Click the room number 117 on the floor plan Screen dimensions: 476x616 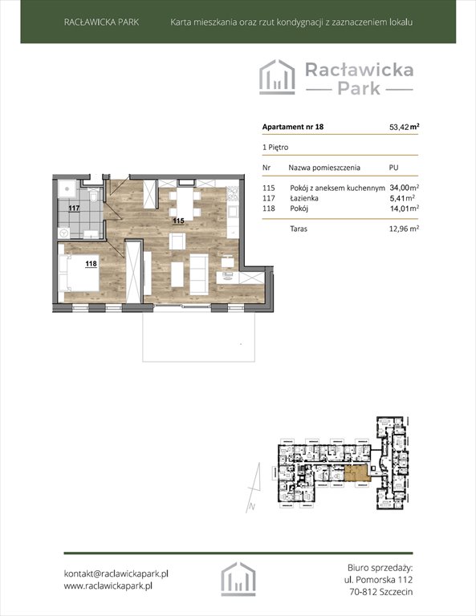pos(74,209)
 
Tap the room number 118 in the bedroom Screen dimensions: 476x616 pos(91,264)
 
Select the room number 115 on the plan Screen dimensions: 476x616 pos(178,221)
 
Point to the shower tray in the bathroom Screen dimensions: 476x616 pos(68,188)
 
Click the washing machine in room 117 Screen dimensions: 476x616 pos(64,233)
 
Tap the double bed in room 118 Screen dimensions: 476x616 pos(79,273)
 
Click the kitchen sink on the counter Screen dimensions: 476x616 pos(232,212)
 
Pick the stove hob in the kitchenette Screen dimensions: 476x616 pos(232,192)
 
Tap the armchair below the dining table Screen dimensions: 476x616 pos(177,241)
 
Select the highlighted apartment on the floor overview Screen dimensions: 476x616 pos(357,473)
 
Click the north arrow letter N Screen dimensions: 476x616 pos(252,507)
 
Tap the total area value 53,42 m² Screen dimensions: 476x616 pos(404,127)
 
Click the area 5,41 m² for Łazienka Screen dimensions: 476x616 pos(402,198)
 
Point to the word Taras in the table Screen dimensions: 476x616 pos(299,229)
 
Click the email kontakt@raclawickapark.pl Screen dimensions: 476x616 pos(116,573)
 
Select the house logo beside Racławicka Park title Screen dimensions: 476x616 pos(277,77)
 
